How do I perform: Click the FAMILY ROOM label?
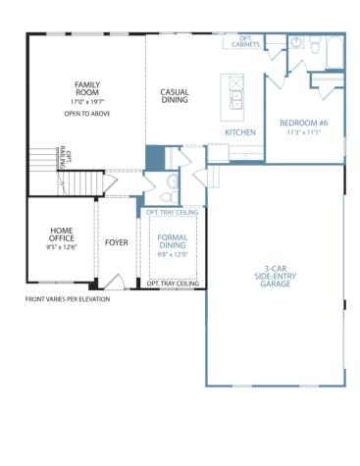tap(89, 89)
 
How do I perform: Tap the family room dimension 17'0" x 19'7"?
tap(89, 102)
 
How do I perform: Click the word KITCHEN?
tap(240, 131)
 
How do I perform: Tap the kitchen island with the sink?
tap(236, 94)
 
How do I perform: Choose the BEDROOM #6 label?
tap(303, 123)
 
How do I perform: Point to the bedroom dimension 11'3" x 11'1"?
tap(303, 132)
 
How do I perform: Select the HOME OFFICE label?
tap(61, 235)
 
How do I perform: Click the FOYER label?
tap(117, 240)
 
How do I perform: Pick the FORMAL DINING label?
tap(173, 241)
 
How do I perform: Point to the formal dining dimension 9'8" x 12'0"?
tap(173, 254)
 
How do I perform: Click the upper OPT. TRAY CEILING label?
tap(173, 212)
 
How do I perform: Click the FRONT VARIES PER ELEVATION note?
tap(67, 299)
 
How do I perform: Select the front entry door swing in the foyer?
tap(116, 283)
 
